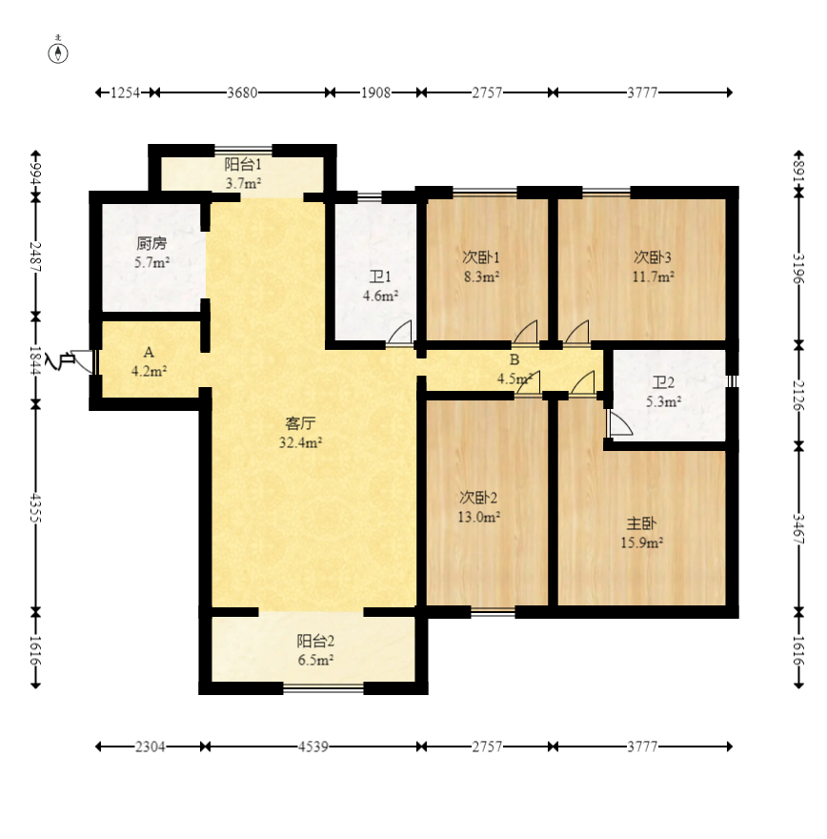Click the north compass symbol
pyautogui.click(x=58, y=53)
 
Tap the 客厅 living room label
pyautogui.click(x=300, y=423)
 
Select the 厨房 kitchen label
pyautogui.click(x=151, y=243)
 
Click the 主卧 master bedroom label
pyautogui.click(x=641, y=523)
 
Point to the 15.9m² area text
pyautogui.click(x=641, y=542)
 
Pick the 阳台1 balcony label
pyautogui.click(x=243, y=164)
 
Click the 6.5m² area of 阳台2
pyautogui.click(x=315, y=660)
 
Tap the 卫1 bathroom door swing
pyautogui.click(x=400, y=332)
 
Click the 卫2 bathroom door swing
pyautogui.click(x=619, y=422)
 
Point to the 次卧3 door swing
pyautogui.click(x=577, y=332)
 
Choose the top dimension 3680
pyautogui.click(x=242, y=92)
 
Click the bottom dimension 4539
pyautogui.click(x=313, y=747)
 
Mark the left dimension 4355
pyautogui.click(x=35, y=508)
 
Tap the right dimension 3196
pyautogui.click(x=798, y=269)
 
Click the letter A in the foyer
pyautogui.click(x=149, y=352)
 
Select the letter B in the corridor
pyautogui.click(x=514, y=359)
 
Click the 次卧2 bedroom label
pyautogui.click(x=478, y=498)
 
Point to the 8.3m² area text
pyautogui.click(x=481, y=276)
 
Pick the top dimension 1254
pyautogui.click(x=125, y=92)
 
